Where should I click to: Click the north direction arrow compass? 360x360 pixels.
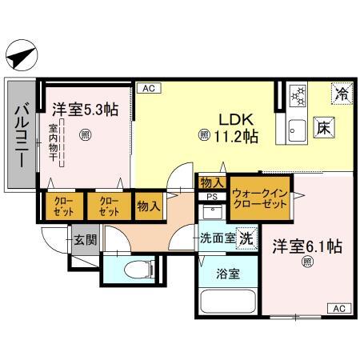pos(22,57)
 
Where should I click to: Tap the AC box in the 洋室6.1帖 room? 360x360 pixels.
pos(338,308)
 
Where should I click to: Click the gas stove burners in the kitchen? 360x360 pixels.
pos(296,96)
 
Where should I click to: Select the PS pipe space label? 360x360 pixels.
pos(211,196)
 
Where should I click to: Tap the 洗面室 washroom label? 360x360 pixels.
pos(217,238)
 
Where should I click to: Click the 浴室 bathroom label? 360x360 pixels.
pos(226,273)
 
